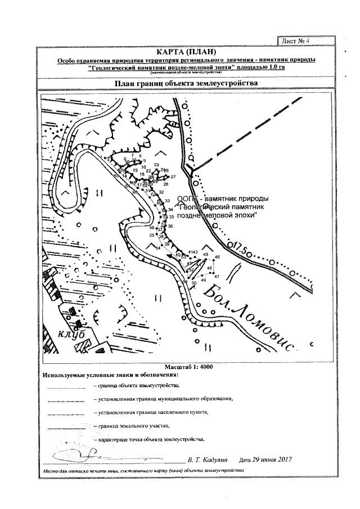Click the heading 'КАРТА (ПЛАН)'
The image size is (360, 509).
186,52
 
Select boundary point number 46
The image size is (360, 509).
217,257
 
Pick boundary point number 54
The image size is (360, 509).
158,248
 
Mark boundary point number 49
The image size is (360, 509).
203,280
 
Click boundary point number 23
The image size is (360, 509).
156,165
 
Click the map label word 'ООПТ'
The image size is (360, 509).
186,199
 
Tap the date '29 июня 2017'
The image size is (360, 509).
265,460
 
